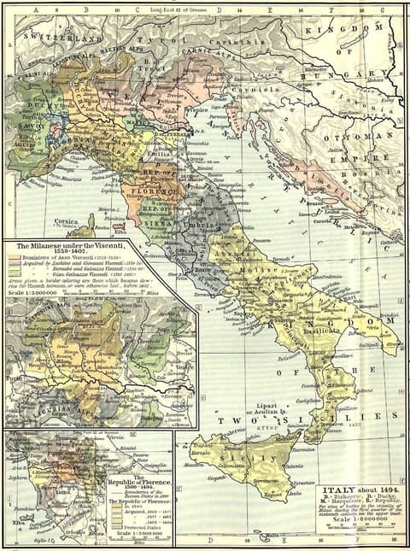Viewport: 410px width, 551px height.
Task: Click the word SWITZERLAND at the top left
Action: (x=53, y=38)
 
